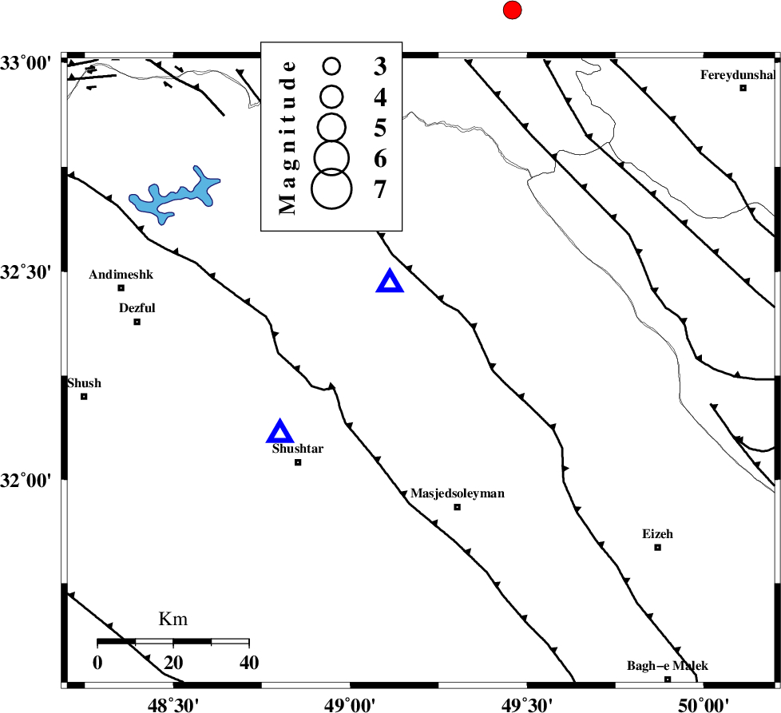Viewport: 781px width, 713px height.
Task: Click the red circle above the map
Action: click(x=512, y=10)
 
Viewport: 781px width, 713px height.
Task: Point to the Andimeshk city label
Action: click(x=121, y=275)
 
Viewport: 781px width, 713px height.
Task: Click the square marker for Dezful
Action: click(x=137, y=322)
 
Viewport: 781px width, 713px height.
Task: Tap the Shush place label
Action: click(x=84, y=383)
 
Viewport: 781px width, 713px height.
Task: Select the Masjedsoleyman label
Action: click(x=458, y=493)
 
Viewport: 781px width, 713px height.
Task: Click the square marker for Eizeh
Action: click(x=657, y=547)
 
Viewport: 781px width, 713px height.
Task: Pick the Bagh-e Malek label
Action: click(x=668, y=666)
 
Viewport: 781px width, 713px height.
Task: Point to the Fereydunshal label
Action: click(x=738, y=75)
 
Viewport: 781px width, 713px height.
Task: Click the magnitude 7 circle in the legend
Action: click(x=331, y=188)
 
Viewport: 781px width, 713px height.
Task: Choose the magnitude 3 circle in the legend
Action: click(x=331, y=65)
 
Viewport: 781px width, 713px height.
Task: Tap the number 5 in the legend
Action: click(x=380, y=128)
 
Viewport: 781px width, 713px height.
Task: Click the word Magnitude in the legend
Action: click(x=288, y=137)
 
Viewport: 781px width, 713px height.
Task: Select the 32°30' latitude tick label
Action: click(x=26, y=273)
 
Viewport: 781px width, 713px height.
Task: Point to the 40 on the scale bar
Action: click(x=248, y=662)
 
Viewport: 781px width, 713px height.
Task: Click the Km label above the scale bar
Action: click(x=173, y=619)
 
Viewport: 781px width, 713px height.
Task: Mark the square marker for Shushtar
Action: click(x=298, y=462)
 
